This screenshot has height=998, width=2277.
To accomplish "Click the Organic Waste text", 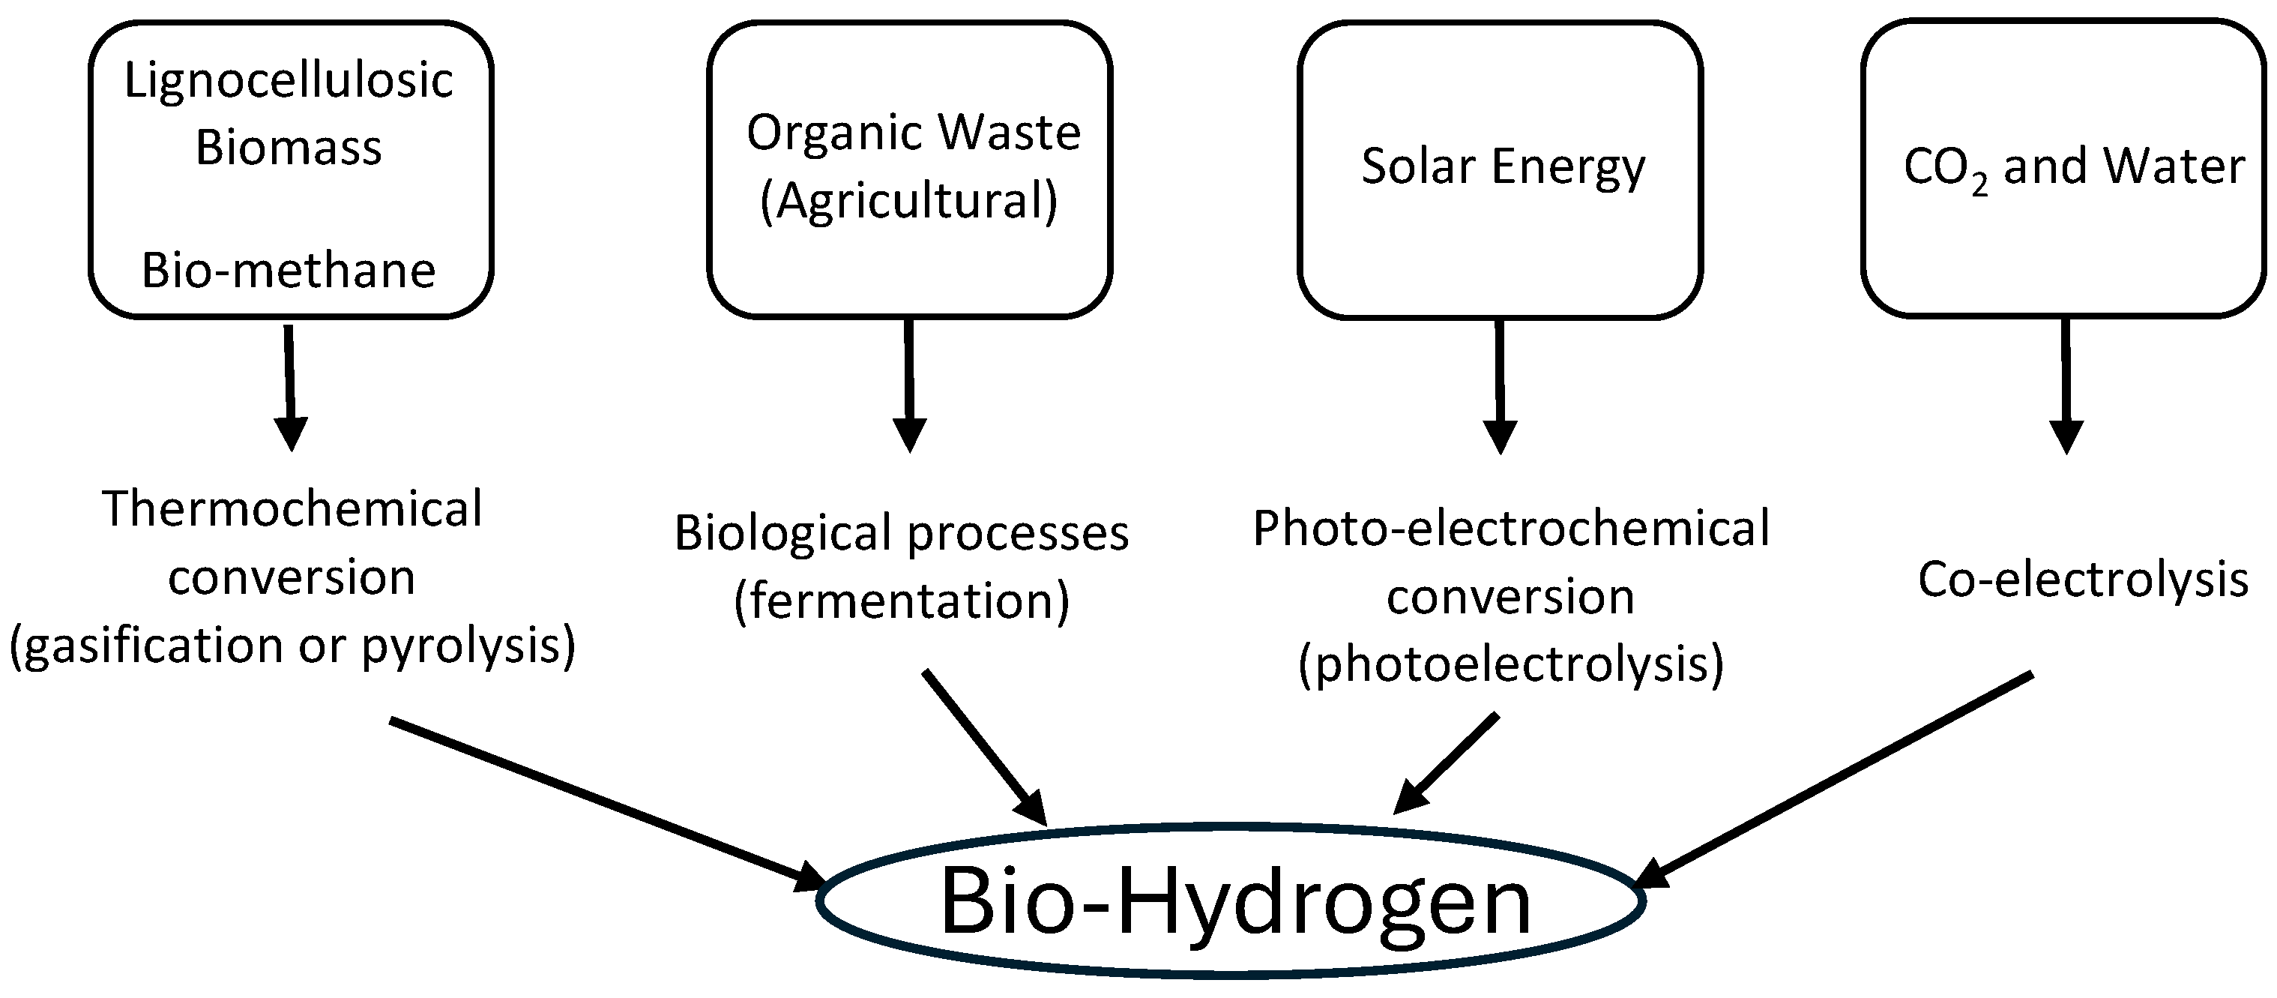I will [x=913, y=133].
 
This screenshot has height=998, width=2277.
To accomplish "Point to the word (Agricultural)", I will [x=908, y=201].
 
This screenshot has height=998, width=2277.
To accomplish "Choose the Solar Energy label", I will [x=1503, y=166].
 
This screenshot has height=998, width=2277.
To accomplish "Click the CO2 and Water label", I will [x=2074, y=168].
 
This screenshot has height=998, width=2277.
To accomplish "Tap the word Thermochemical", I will [x=292, y=509].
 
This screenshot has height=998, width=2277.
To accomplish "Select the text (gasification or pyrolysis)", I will [x=292, y=646].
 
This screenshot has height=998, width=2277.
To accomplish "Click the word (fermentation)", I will [x=902, y=602].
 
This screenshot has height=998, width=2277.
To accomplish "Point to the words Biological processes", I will [x=902, y=533].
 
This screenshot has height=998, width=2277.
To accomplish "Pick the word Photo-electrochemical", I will [x=1511, y=529].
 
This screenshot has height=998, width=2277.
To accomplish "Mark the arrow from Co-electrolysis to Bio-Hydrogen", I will [x=1839, y=778].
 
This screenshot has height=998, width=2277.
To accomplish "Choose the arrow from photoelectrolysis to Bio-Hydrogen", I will [x=1450, y=760].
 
